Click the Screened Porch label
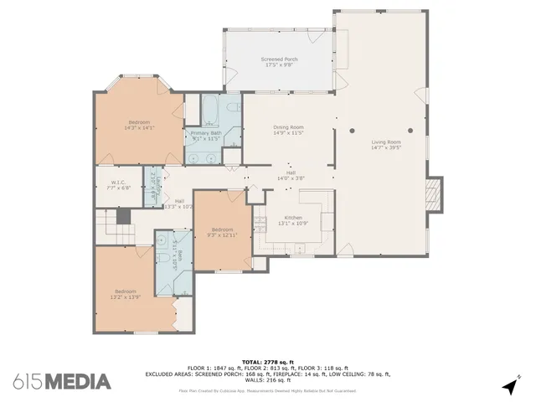(x=280, y=59)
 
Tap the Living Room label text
(x=386, y=142)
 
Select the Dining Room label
(x=287, y=127)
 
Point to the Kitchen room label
(x=293, y=218)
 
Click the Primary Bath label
(x=205, y=133)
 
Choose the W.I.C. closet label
(x=118, y=182)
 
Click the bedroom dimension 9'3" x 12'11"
(x=222, y=235)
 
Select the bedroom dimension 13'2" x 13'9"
(x=125, y=296)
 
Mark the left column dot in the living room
(x=353, y=131)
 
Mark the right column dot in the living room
(x=410, y=131)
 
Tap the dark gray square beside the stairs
(x=124, y=216)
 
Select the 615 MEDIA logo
(x=61, y=381)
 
